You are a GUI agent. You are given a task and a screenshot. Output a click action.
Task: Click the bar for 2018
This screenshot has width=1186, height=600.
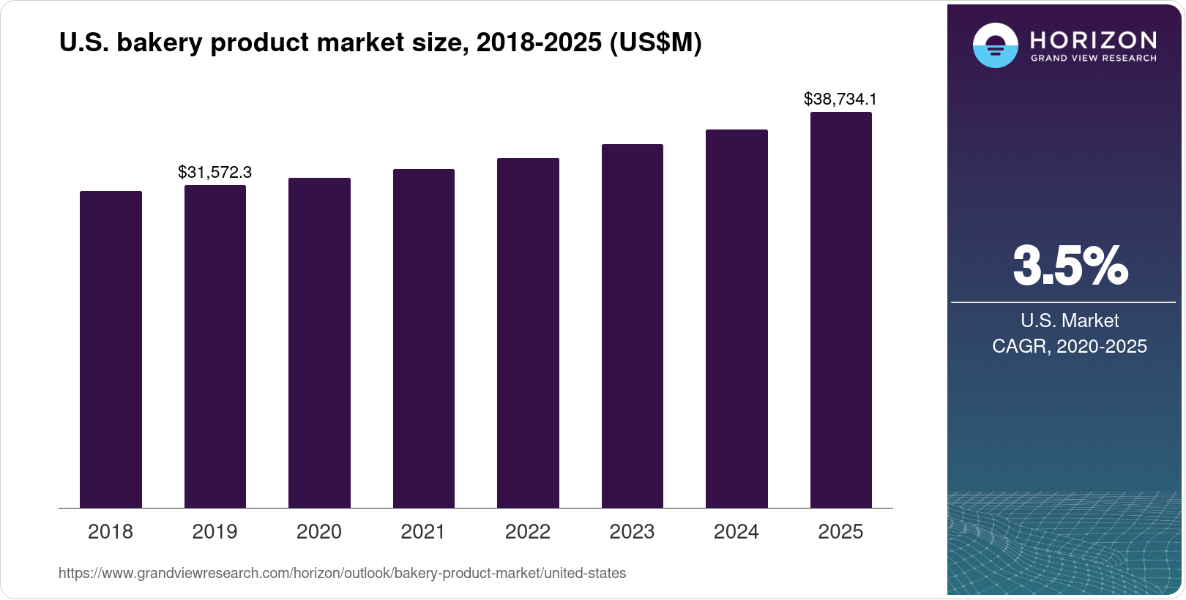click(111, 349)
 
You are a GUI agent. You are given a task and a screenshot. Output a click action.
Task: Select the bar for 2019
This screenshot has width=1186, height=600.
click(215, 346)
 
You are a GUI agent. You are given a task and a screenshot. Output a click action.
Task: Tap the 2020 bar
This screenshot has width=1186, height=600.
click(319, 342)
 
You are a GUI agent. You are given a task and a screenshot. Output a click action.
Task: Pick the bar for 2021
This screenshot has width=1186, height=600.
click(423, 338)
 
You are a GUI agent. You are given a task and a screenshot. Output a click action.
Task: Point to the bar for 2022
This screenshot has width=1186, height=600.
click(528, 333)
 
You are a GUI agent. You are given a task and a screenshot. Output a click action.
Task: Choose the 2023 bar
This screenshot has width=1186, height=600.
click(632, 326)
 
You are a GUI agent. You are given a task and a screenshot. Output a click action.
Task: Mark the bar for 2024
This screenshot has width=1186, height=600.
click(736, 318)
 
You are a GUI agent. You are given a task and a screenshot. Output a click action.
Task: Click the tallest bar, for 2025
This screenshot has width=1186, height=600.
click(840, 310)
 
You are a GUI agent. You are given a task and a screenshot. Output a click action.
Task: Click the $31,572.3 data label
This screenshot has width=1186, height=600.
click(215, 172)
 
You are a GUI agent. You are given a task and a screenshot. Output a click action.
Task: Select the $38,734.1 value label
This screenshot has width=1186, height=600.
click(840, 99)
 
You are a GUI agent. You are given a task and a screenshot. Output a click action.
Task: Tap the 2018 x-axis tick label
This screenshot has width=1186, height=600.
click(111, 531)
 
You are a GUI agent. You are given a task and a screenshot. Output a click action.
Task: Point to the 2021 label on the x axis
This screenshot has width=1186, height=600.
click(423, 531)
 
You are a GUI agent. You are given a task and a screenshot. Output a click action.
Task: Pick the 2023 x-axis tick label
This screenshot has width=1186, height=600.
click(632, 531)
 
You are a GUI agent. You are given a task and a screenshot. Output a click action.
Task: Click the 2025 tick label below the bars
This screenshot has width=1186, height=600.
click(840, 531)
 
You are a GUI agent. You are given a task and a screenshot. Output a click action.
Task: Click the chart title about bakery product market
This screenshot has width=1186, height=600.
click(380, 43)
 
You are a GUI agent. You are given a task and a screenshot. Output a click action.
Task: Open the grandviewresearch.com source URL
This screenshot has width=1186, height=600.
click(342, 573)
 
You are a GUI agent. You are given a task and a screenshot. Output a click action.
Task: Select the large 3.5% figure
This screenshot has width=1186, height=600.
click(1070, 266)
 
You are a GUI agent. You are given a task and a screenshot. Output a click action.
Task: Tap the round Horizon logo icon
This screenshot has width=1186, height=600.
click(995, 45)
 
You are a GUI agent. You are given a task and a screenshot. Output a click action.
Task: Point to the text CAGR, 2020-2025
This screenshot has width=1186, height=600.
click(1070, 346)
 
